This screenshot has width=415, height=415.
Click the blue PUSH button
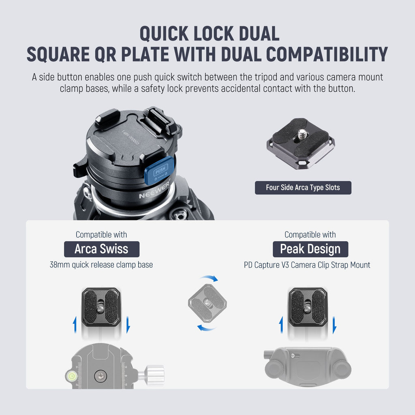point(159,170)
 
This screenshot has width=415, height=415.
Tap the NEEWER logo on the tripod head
point(154,190)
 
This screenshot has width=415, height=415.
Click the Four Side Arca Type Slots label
point(303,188)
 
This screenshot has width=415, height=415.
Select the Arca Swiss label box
point(102,249)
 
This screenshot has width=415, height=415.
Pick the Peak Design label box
point(310,249)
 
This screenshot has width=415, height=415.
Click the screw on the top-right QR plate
point(302,134)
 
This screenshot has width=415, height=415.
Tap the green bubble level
point(71,375)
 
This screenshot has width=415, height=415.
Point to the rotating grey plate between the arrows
point(207,303)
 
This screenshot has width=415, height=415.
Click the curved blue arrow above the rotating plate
point(210,278)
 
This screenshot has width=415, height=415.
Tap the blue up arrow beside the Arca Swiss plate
point(75,325)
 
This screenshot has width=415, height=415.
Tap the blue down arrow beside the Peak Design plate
point(334,325)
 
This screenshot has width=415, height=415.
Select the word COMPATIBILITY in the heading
point(327,54)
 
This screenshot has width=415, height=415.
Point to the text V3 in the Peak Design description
point(285,265)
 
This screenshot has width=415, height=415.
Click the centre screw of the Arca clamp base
point(101,376)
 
